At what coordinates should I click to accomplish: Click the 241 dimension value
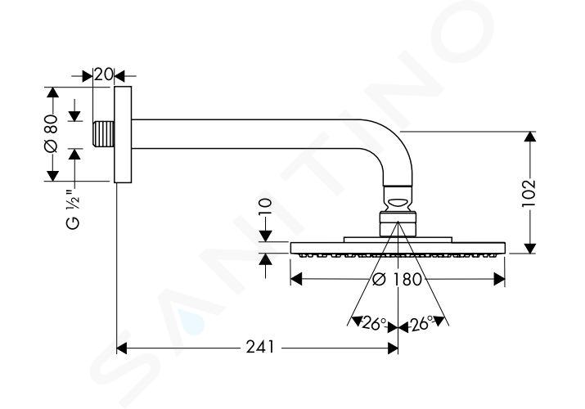(x=259, y=348)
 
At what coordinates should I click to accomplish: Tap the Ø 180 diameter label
(x=397, y=279)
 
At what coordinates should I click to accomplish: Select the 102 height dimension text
(x=529, y=193)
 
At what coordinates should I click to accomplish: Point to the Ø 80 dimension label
(x=51, y=133)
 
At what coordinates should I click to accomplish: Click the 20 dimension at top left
(x=102, y=74)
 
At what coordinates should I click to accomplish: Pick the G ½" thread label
(x=73, y=209)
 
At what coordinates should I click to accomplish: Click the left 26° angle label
(x=374, y=324)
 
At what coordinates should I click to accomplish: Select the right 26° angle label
(x=421, y=323)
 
